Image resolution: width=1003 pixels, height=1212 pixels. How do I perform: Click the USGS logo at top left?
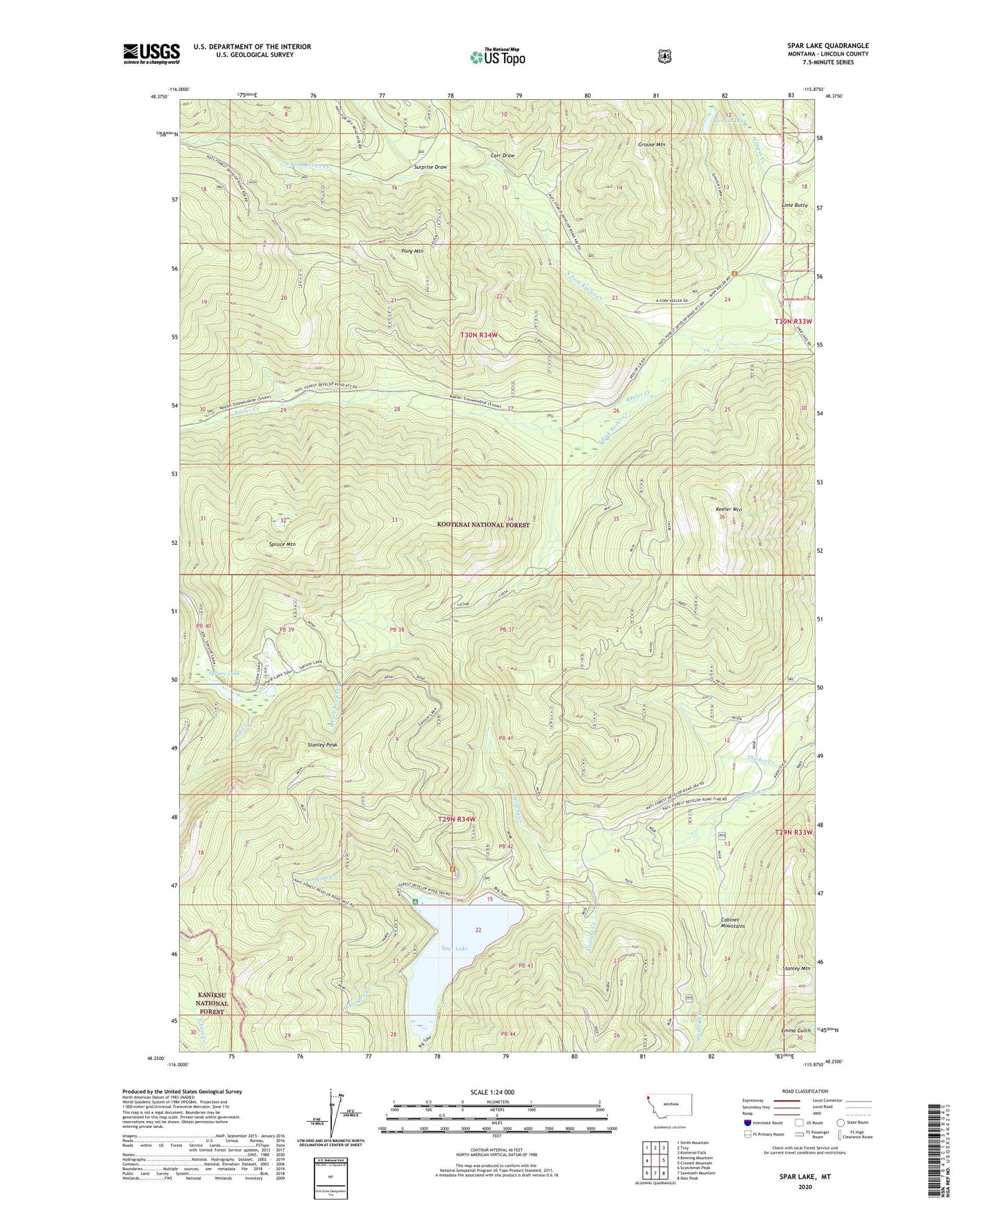[151, 53]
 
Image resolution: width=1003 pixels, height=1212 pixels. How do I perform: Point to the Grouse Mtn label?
[651, 144]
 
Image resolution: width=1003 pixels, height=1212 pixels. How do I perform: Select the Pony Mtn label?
[412, 251]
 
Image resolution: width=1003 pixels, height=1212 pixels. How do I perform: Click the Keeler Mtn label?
[729, 510]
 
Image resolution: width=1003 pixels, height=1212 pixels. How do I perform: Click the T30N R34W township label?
[479, 335]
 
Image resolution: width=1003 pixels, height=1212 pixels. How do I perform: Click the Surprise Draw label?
[430, 167]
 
